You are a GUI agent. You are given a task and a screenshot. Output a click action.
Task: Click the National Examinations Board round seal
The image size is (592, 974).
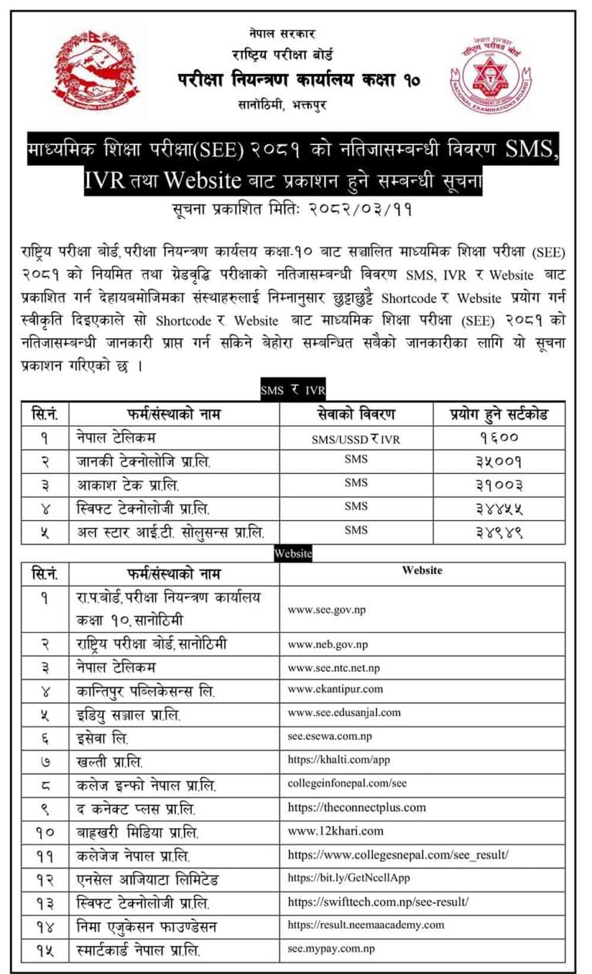(491, 76)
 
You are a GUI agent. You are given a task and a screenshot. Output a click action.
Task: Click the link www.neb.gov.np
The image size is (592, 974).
(328, 644)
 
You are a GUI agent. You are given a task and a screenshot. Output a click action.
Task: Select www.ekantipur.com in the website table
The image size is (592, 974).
(335, 690)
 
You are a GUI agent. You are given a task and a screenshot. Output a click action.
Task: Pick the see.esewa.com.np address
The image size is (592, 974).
(329, 737)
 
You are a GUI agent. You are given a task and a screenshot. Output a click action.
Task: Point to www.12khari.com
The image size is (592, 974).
(335, 831)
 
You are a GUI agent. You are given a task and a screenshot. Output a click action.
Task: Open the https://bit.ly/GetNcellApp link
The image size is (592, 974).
(349, 878)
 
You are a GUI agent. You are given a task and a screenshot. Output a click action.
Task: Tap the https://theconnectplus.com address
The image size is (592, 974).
(356, 808)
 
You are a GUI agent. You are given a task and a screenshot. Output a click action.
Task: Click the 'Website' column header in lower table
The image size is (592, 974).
(422, 571)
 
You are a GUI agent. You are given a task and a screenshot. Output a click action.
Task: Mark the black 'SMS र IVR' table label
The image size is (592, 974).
(292, 392)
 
